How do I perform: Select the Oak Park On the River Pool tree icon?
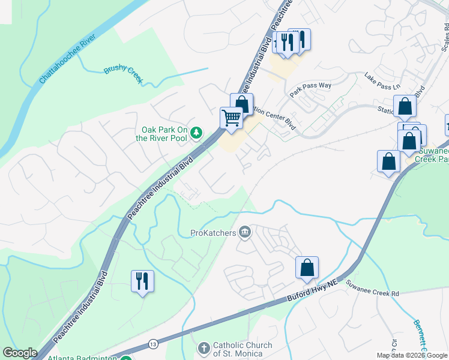[196, 133]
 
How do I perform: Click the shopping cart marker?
[231, 118]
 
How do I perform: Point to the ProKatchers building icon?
[245, 232]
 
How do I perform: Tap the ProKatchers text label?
[213, 232]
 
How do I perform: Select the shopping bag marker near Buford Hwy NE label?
[307, 268]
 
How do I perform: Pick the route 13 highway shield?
[154, 344]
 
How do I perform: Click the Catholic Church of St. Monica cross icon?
[203, 348]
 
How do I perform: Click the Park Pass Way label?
[310, 86]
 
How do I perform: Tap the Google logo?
[20, 353]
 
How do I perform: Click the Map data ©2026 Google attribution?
[411, 356]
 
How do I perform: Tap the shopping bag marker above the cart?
[241, 104]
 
